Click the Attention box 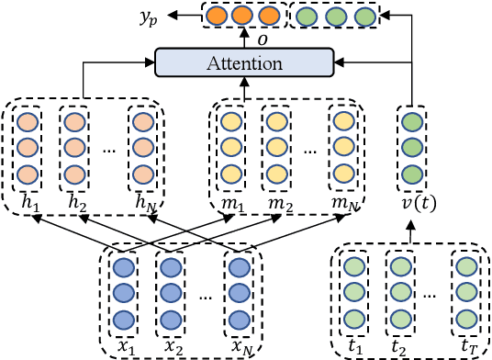pyautogui.click(x=243, y=62)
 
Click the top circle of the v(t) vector pyautogui.click(x=412, y=122)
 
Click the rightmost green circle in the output pyautogui.click(x=364, y=17)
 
